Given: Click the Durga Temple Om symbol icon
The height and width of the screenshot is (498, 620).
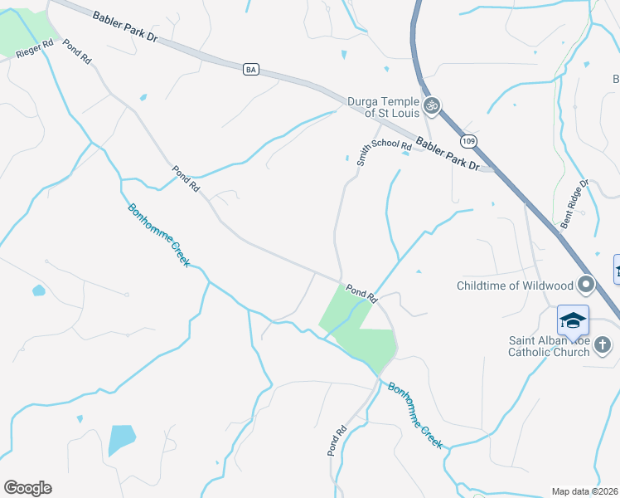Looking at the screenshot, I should pyautogui.click(x=431, y=105).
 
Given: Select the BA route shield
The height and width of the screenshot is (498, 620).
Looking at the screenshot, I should pyautogui.click(x=250, y=70).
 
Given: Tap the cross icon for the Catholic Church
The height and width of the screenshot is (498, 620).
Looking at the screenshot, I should pyautogui.click(x=603, y=344).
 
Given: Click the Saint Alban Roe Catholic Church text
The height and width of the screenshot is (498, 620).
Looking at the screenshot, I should pyautogui.click(x=550, y=345).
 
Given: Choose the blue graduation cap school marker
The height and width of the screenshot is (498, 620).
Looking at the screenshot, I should pyautogui.click(x=574, y=320).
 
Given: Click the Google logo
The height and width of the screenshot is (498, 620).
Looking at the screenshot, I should pyautogui.click(x=27, y=488).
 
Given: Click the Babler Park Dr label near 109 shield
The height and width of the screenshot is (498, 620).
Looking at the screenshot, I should pyautogui.click(x=448, y=154).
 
